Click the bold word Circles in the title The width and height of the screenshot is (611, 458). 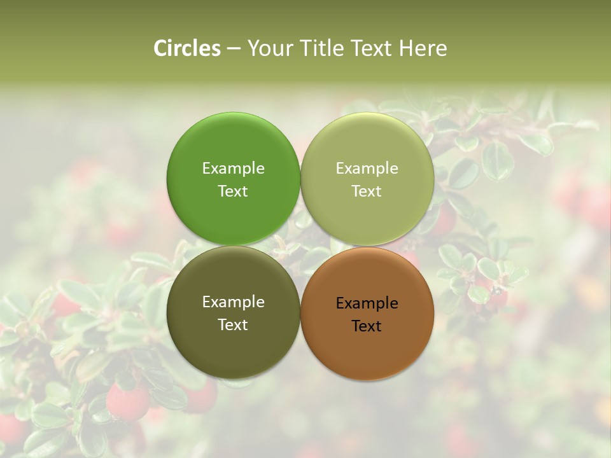tap(187, 48)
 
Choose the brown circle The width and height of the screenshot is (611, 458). tap(367, 347)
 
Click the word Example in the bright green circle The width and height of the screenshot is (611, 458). tap(233, 168)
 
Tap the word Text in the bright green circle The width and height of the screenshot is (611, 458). tap(233, 191)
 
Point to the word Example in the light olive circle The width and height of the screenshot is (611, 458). tap(367, 168)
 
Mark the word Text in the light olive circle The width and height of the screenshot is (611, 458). tap(367, 191)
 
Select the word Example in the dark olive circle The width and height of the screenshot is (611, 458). tap(233, 302)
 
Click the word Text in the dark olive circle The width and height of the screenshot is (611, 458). tap(233, 324)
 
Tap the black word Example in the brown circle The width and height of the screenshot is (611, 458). tap(367, 303)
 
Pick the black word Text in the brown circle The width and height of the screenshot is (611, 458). tap(367, 326)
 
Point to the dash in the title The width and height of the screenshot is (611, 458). tap(234, 49)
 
